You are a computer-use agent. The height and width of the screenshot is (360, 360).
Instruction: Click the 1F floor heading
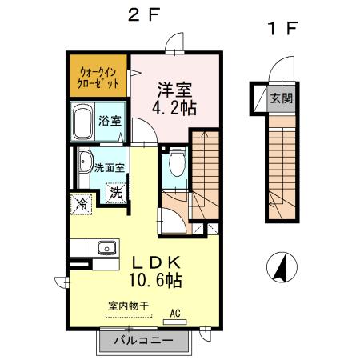(x=282, y=30)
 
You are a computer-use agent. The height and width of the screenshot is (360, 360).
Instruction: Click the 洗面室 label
(x=109, y=168)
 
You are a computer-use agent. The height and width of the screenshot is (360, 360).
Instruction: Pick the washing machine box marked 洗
(x=117, y=193)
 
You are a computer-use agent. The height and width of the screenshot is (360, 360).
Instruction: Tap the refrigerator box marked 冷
(x=82, y=204)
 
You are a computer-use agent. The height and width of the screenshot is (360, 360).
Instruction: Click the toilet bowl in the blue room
(x=176, y=166)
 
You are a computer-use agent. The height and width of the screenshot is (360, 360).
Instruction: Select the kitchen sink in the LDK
(x=107, y=248)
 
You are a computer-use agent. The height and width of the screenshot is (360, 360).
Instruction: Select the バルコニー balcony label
(x=142, y=340)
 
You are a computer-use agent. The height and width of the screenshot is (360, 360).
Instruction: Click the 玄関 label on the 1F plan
(x=280, y=98)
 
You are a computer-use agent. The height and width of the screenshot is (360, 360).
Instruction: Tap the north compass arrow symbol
(x=282, y=266)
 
